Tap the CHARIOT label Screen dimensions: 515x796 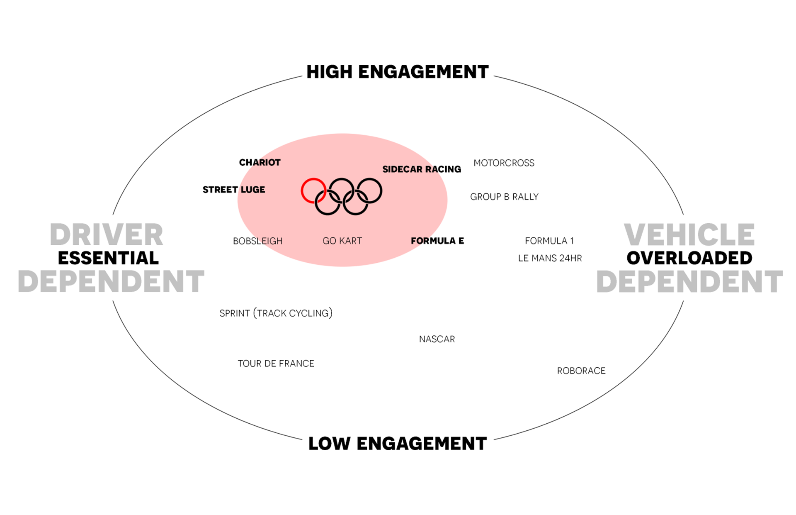point(260,162)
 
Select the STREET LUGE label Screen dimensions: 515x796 point(234,190)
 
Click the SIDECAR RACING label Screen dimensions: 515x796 point(422,169)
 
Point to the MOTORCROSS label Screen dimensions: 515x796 point(504,163)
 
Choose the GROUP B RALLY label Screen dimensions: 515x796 point(504,197)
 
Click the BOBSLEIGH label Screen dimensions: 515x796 point(257,241)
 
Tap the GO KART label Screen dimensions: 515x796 point(342,241)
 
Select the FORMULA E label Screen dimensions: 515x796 point(437,241)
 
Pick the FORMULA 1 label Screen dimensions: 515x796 point(549,241)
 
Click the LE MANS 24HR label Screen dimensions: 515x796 point(550,258)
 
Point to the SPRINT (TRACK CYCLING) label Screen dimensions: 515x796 point(276,313)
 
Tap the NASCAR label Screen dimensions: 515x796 point(437,339)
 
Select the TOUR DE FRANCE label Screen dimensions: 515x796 point(276,364)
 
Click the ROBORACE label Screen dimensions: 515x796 point(581,371)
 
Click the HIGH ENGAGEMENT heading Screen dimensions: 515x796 point(398,72)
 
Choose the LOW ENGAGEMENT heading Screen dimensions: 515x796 point(398,444)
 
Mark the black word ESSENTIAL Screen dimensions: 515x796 point(108,258)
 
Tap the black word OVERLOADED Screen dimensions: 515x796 point(689,258)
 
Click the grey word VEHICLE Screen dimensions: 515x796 point(689,234)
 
